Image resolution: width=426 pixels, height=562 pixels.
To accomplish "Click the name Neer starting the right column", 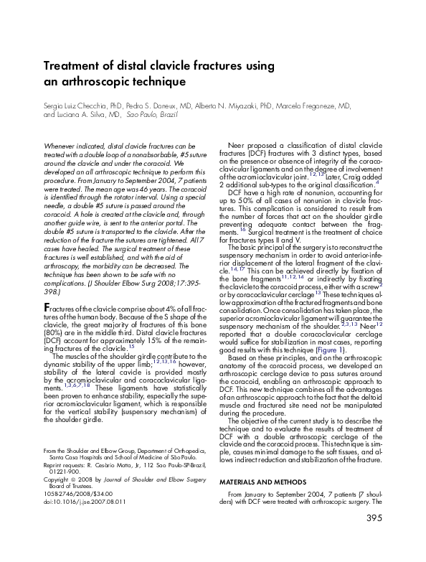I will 236,145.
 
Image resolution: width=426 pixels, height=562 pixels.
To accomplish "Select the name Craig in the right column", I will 356,177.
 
